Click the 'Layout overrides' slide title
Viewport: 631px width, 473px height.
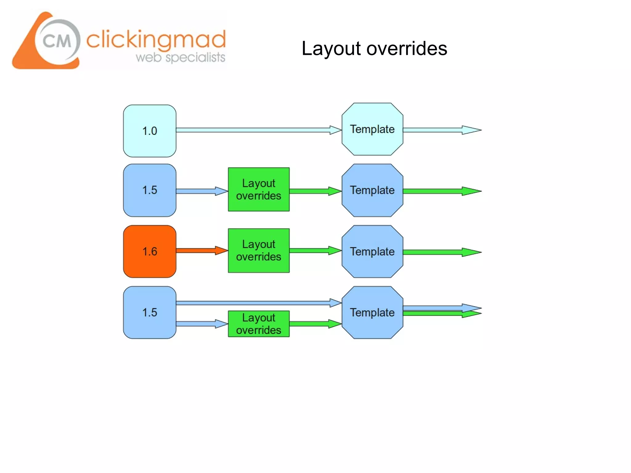(x=374, y=49)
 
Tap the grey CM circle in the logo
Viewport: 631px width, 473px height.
(x=57, y=41)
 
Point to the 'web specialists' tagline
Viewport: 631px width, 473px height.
(x=180, y=58)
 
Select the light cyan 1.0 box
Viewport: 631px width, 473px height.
(x=150, y=131)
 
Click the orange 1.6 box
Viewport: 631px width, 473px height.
(x=150, y=251)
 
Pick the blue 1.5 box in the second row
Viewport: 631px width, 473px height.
(x=150, y=190)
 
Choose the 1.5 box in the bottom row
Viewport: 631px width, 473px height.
(x=150, y=312)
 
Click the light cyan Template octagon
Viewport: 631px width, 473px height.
(x=372, y=129)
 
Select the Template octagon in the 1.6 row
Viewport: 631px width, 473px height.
(x=372, y=251)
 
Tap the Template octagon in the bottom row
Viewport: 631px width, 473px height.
(x=372, y=312)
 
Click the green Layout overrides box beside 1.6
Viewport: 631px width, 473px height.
(x=259, y=250)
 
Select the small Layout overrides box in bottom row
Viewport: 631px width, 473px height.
(x=259, y=324)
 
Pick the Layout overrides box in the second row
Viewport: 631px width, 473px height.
(x=259, y=189)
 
